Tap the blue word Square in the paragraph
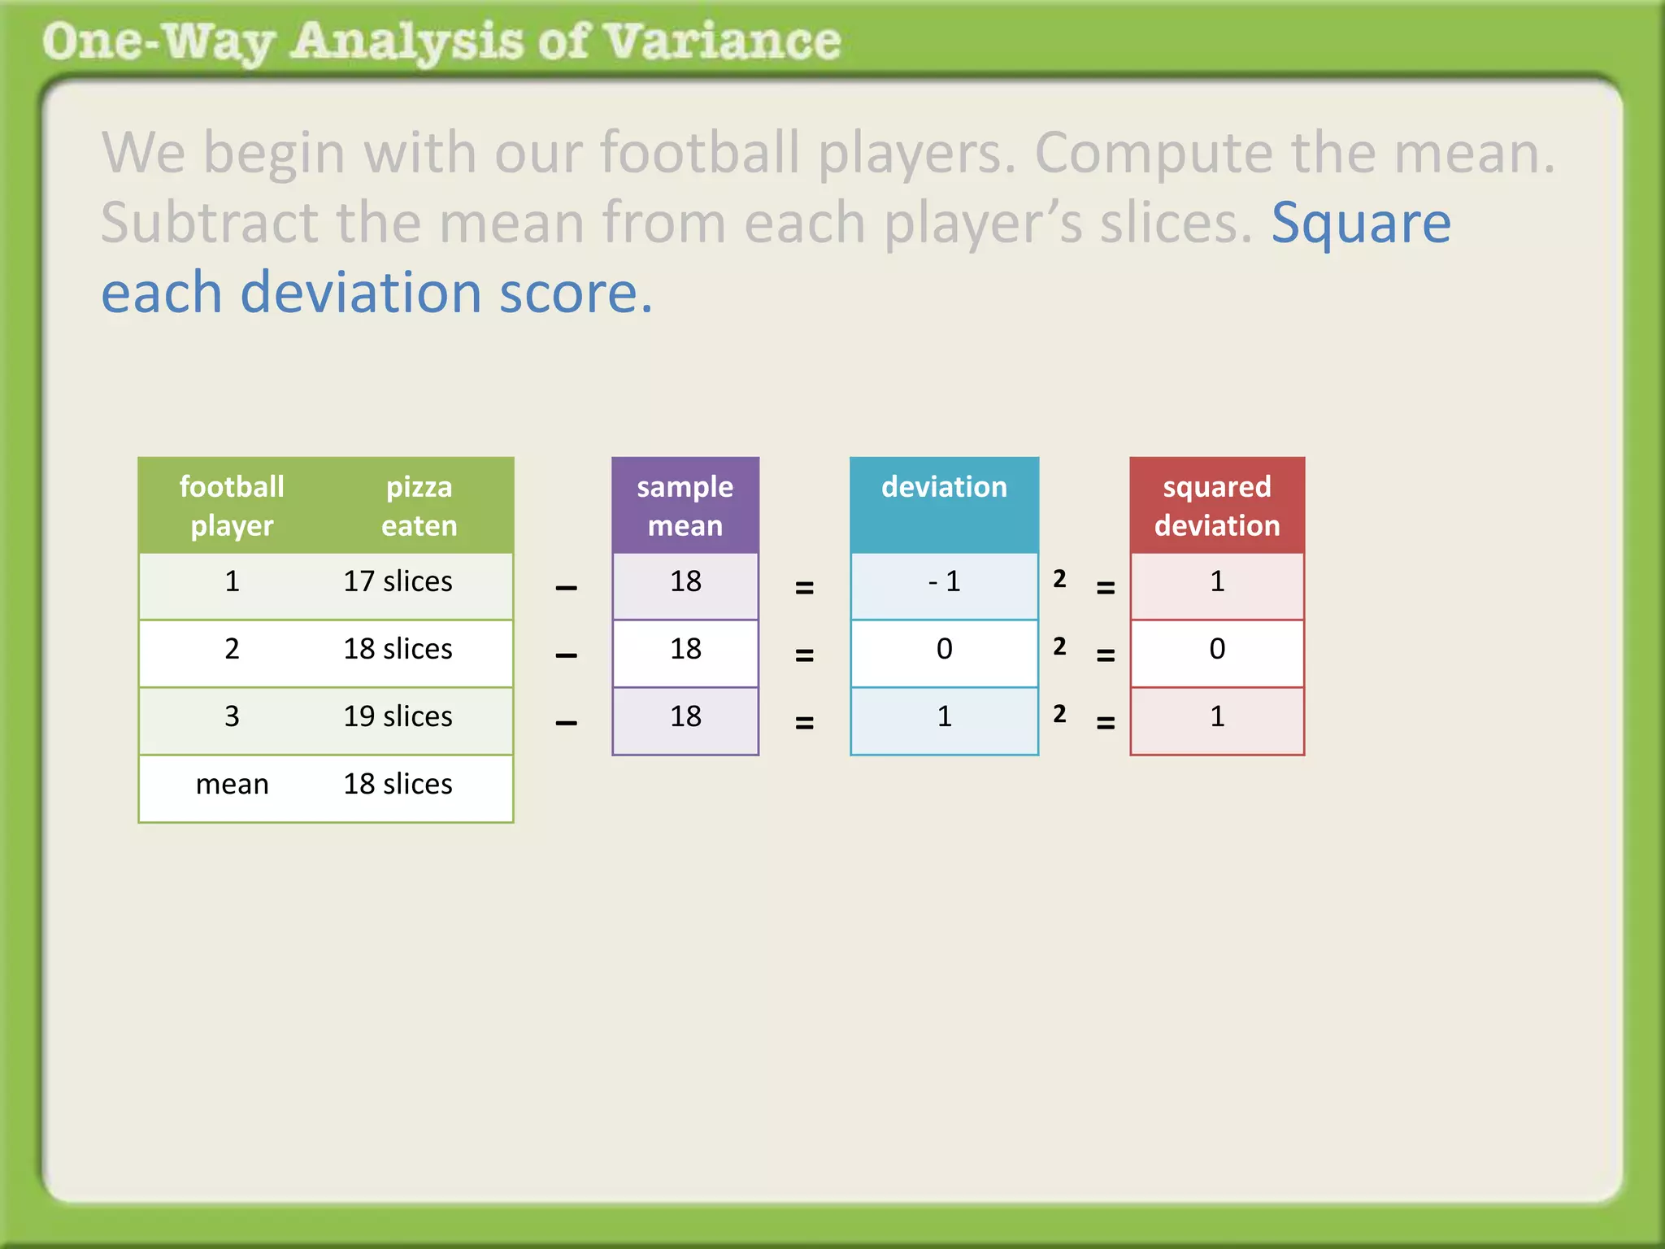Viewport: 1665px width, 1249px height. tap(1360, 223)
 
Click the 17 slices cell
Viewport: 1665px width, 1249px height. tap(398, 581)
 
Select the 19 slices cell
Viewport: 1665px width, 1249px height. tap(398, 716)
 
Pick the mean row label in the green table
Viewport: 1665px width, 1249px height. tap(232, 784)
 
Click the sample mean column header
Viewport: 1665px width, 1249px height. tap(685, 505)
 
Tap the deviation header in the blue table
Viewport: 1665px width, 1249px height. tap(944, 487)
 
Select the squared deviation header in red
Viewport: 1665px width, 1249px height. tap(1216, 505)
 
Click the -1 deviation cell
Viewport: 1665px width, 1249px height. tap(944, 581)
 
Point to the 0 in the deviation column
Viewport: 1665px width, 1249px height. tap(944, 649)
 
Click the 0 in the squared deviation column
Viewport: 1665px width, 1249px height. tap(1216, 649)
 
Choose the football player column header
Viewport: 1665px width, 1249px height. tap(232, 505)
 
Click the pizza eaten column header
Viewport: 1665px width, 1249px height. tap(419, 505)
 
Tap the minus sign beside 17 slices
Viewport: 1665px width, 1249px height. tap(566, 588)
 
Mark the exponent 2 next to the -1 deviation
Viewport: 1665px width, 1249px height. tap(1059, 579)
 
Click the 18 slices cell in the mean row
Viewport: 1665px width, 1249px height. tap(398, 784)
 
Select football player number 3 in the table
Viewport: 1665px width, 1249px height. tap(232, 716)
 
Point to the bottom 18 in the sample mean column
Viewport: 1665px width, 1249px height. tap(685, 716)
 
